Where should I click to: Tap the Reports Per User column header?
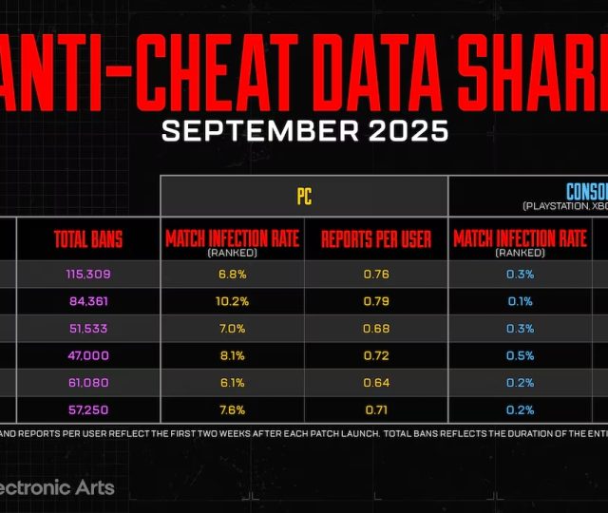point(375,237)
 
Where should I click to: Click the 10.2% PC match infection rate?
point(233,302)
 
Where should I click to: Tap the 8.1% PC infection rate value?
point(233,355)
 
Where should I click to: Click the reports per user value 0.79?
point(375,302)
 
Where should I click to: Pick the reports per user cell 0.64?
point(375,382)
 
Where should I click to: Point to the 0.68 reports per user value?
point(375,329)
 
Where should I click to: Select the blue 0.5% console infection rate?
point(520,355)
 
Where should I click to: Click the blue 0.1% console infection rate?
point(520,302)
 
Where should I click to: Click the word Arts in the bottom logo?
point(95,488)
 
